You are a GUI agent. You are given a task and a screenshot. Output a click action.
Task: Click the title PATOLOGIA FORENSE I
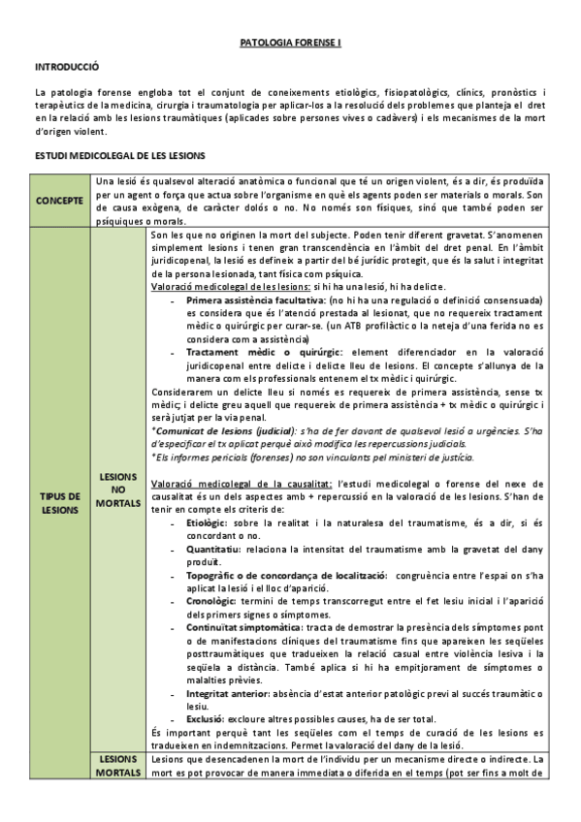tap(290, 44)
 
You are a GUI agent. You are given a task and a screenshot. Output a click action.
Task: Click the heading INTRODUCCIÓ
tap(67, 69)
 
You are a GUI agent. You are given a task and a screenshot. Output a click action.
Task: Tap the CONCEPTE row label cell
tap(60, 200)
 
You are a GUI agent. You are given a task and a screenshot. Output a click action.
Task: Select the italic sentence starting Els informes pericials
tap(312, 456)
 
